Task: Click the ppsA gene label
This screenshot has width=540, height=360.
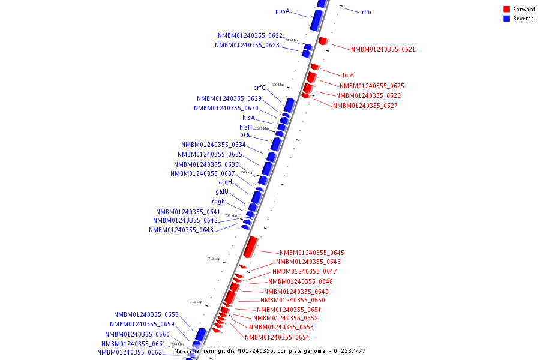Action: pyautogui.click(x=282, y=11)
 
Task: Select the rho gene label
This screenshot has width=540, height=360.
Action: pyautogui.click(x=366, y=12)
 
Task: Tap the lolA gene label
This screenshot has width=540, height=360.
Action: pyautogui.click(x=348, y=76)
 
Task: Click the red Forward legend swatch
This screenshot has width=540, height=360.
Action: pyautogui.click(x=507, y=9)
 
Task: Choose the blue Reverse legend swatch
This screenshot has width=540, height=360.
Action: pyautogui.click(x=507, y=19)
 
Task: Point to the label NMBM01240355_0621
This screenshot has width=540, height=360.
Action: pyautogui.click(x=383, y=49)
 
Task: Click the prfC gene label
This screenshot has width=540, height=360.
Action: pyautogui.click(x=259, y=88)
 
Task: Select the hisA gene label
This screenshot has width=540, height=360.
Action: pyautogui.click(x=248, y=118)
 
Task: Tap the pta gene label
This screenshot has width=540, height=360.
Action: pyautogui.click(x=245, y=135)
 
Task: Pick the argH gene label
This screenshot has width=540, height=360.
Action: pyautogui.click(x=225, y=182)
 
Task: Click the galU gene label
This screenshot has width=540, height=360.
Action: pyautogui.click(x=222, y=192)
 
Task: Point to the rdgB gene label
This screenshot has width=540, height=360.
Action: pyautogui.click(x=218, y=202)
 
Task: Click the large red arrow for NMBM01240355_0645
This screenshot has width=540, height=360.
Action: pyautogui.click(x=251, y=246)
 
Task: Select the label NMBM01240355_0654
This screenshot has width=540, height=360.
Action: pyautogui.click(x=277, y=337)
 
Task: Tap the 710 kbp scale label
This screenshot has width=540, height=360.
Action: pyautogui.click(x=214, y=259)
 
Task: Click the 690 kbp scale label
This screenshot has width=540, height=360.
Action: pyautogui.click(x=278, y=85)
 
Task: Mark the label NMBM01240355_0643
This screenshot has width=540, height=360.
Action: pyautogui.click(x=181, y=230)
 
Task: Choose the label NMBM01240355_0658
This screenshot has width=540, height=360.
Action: pyautogui.click(x=146, y=314)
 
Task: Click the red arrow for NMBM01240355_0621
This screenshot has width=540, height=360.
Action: pyautogui.click(x=323, y=41)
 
